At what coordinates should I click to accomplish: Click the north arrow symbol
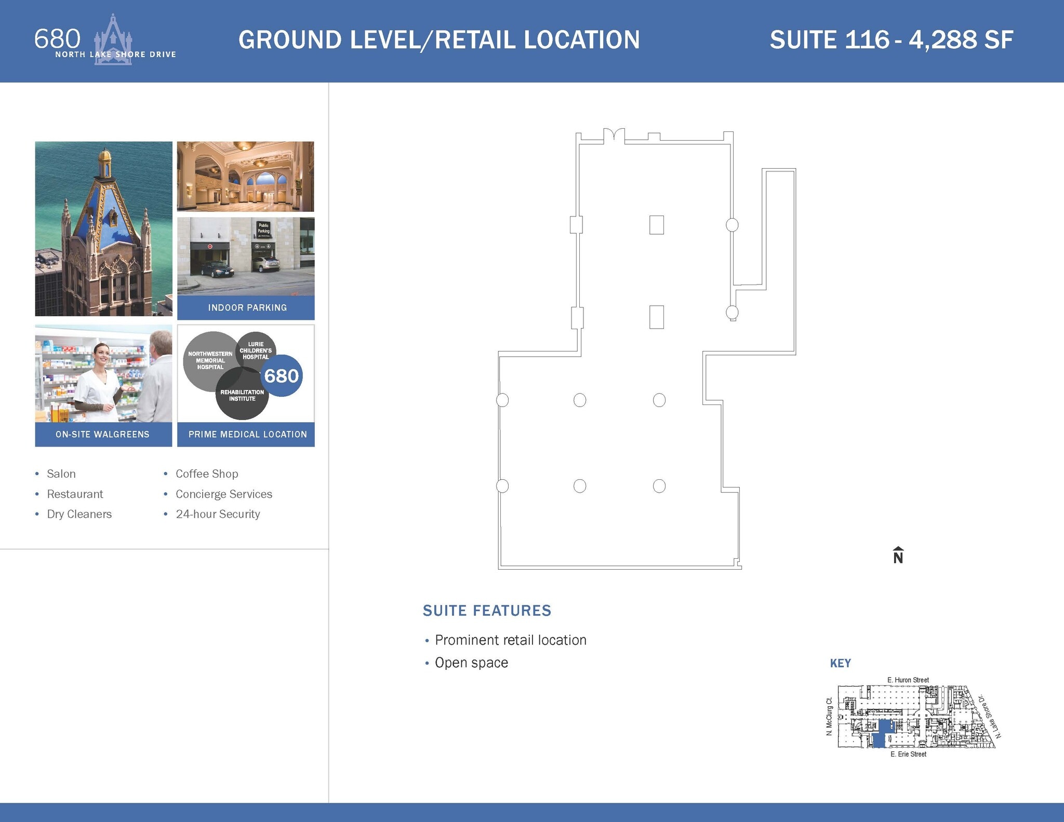coord(898,555)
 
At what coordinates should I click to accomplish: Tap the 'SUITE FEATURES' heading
coord(487,610)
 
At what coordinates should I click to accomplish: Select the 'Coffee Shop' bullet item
coord(207,474)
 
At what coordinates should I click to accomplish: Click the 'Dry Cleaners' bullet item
coord(79,514)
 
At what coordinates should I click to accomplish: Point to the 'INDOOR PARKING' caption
coord(247,307)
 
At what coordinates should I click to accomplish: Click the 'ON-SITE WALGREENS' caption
coord(102,434)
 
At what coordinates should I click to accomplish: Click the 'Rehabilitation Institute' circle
coord(242,397)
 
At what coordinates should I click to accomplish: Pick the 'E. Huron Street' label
coord(908,680)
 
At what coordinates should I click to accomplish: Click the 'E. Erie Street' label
coord(908,754)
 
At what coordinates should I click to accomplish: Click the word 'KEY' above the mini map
coord(840,663)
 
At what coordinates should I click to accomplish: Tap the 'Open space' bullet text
coord(471,663)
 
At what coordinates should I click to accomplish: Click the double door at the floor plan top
coord(614,134)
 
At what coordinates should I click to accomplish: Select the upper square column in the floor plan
coord(656,225)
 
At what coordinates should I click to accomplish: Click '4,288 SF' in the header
coord(961,40)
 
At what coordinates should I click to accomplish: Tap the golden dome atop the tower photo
coord(105,155)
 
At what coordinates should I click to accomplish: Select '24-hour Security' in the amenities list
coord(218,514)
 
